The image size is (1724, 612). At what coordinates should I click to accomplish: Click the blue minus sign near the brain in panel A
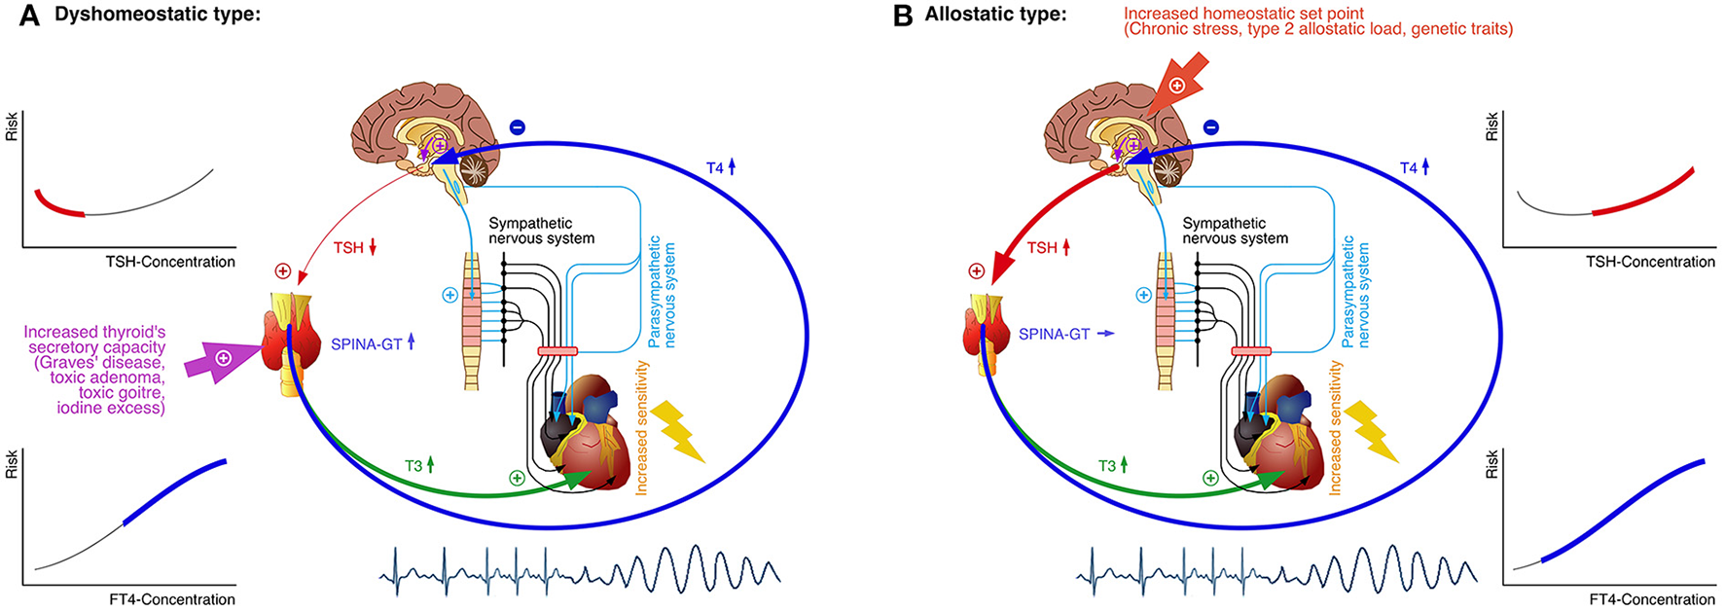518,127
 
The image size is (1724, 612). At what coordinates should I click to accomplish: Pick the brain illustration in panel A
443,126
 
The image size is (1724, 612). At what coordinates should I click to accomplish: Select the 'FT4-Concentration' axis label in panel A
172,599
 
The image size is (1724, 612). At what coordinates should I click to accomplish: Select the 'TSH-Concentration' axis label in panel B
1650,262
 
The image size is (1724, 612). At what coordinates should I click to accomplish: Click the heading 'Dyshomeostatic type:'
158,15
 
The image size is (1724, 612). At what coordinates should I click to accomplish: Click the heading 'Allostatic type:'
995,15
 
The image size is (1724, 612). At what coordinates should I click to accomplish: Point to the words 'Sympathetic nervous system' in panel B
1235,231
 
